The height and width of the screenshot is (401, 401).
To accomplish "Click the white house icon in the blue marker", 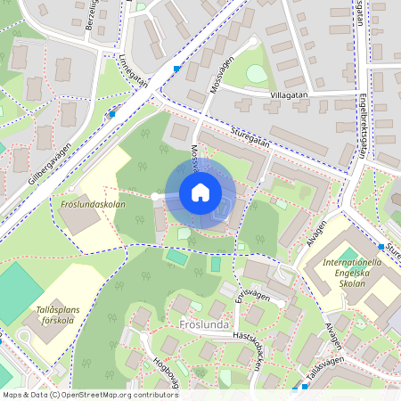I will (x=200, y=192).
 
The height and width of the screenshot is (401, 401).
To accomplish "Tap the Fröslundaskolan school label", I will (x=94, y=204).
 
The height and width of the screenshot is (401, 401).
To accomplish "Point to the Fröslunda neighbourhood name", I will (x=206, y=325).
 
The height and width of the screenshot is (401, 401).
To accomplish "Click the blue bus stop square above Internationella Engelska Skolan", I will (x=381, y=246).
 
